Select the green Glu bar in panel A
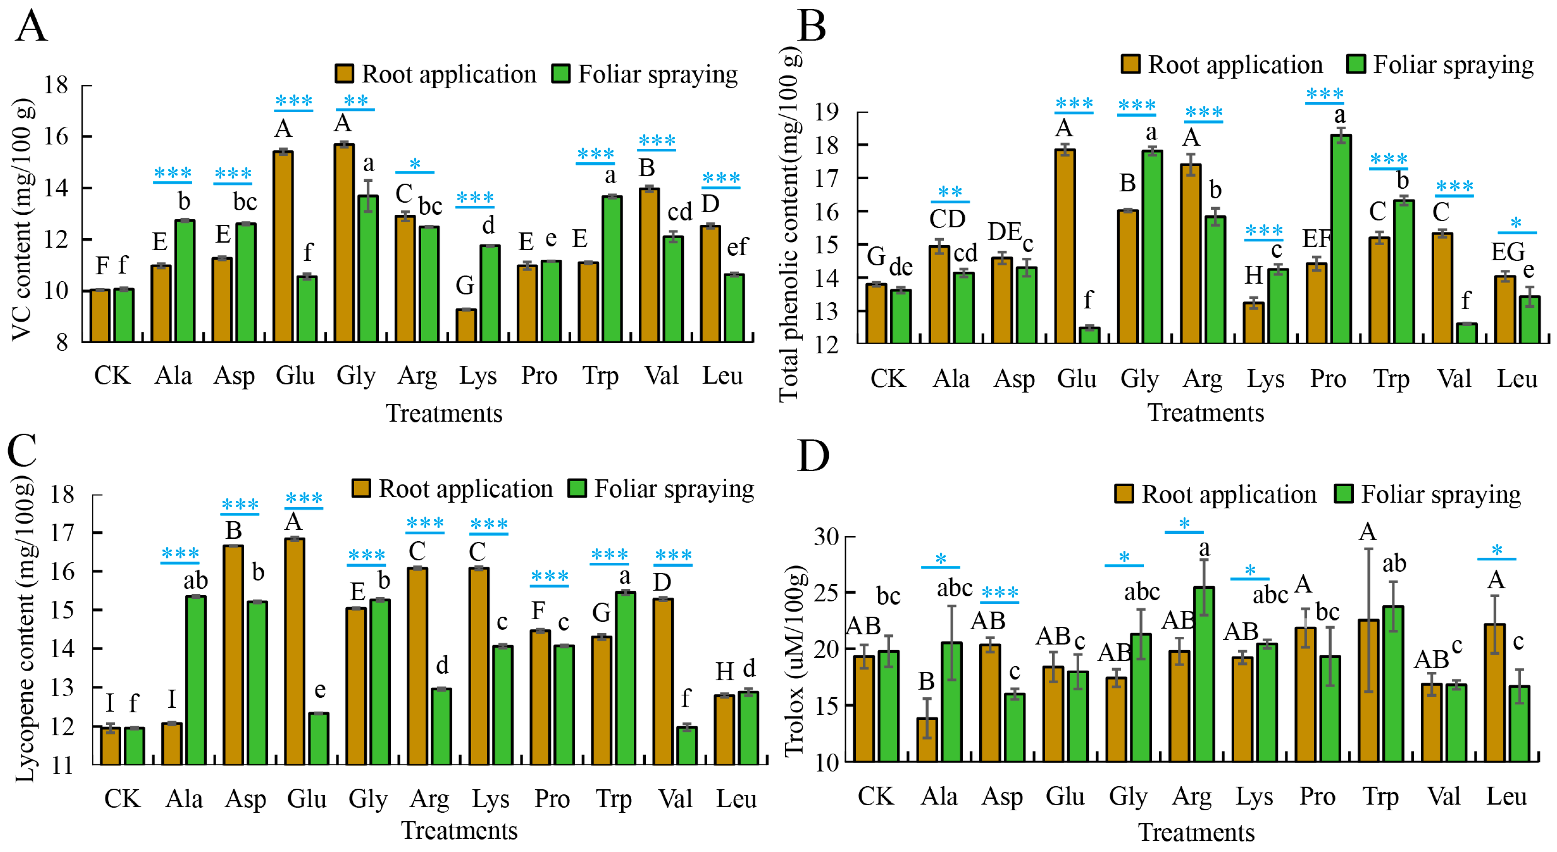[307, 309]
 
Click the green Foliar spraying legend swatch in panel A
[561, 74]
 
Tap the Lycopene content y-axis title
[25, 629]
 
